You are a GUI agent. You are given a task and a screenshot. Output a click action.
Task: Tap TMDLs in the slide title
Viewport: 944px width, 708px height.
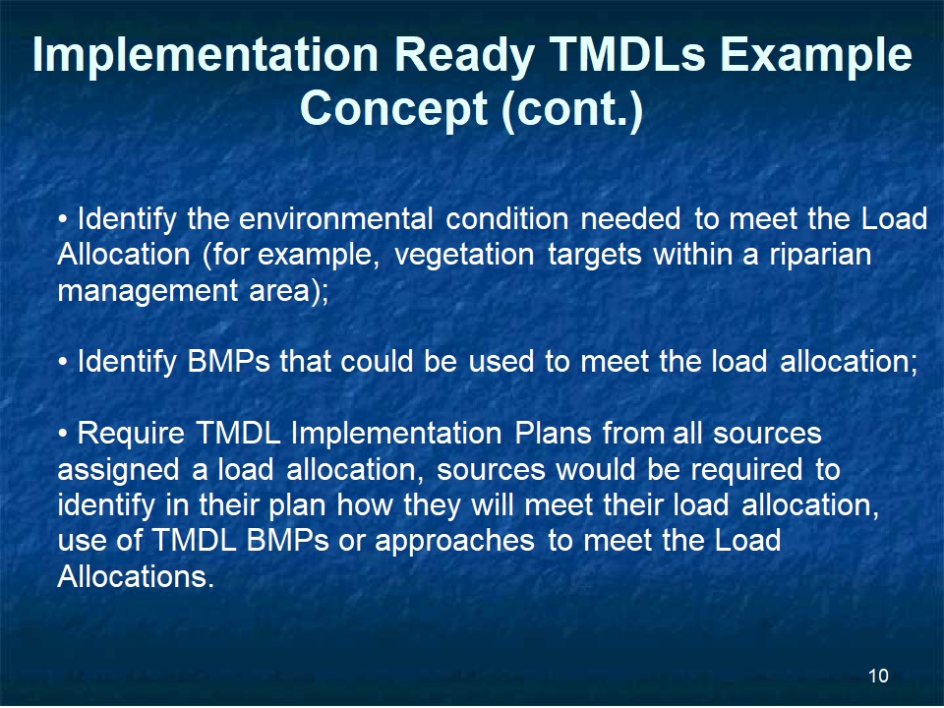(626, 54)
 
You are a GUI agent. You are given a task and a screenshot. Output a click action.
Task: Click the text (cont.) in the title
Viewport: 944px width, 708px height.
(572, 109)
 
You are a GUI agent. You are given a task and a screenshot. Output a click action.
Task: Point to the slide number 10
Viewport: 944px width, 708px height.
(878, 676)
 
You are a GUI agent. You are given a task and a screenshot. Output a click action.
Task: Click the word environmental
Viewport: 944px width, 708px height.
(336, 218)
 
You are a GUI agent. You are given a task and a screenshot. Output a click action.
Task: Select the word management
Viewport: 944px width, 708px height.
(147, 291)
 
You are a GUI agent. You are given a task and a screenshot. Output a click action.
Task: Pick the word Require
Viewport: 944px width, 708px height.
(131, 434)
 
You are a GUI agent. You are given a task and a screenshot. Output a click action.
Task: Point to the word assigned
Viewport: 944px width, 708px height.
(119, 470)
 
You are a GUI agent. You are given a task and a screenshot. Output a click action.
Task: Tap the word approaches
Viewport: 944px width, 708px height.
(454, 541)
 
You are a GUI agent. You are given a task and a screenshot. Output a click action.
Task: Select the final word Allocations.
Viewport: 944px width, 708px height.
(136, 576)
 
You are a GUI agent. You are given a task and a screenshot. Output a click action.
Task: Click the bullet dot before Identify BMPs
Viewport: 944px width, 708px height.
(63, 363)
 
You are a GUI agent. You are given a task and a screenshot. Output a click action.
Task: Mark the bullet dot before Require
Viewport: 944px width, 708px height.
(63, 434)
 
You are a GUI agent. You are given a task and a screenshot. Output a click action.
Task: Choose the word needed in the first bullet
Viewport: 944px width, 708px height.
(630, 218)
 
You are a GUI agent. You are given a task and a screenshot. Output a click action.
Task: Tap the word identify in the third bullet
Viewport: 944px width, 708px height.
(106, 505)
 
